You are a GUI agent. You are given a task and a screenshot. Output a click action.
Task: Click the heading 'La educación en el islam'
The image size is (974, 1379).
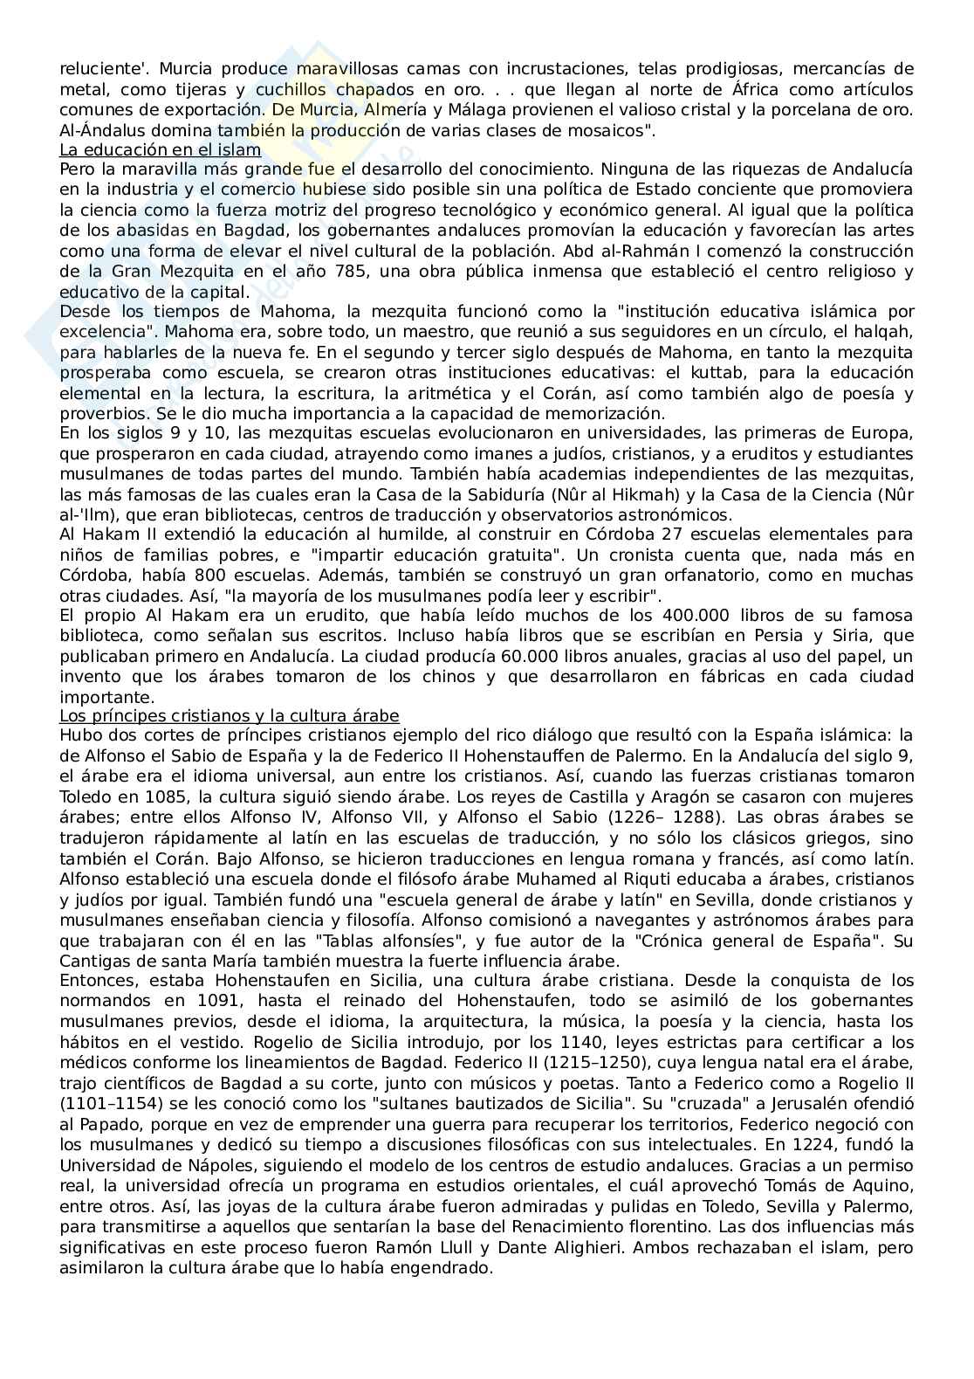(161, 150)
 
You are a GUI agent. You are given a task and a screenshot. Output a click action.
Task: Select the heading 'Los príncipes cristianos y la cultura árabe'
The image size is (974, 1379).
(229, 716)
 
